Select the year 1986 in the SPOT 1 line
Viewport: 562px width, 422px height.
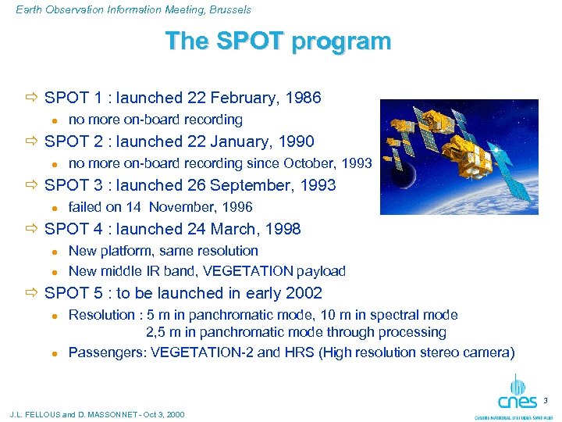coord(304,98)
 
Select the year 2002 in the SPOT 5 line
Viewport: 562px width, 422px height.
coord(304,293)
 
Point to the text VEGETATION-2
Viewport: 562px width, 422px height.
coord(201,352)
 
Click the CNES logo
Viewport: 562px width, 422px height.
coord(518,394)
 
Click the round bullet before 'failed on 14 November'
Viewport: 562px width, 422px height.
coord(55,208)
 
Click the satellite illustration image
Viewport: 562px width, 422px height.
coord(458,156)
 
